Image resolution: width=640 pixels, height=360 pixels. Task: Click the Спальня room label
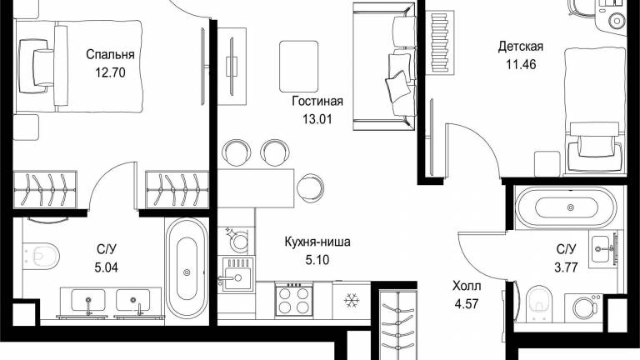110,55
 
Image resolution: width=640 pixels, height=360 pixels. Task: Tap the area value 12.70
110,72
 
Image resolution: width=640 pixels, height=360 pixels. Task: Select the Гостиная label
317,101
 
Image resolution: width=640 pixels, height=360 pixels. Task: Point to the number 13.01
317,119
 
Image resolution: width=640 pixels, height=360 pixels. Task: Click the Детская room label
521,47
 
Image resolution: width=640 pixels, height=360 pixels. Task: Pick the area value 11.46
521,64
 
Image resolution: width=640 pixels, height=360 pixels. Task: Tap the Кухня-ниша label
317,242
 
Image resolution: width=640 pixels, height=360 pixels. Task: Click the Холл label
467,286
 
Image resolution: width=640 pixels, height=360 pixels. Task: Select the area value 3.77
566,267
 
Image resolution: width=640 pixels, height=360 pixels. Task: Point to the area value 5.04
106,267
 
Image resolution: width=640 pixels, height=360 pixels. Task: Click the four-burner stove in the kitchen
294,300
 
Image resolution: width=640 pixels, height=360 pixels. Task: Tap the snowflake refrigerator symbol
352,301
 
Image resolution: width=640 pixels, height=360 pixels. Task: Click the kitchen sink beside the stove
237,273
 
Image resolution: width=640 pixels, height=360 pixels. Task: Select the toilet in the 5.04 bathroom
41,257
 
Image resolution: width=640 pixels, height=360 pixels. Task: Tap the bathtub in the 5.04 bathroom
187,268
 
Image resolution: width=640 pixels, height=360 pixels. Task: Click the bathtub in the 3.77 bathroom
570,207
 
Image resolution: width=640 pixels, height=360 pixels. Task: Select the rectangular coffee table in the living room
298,67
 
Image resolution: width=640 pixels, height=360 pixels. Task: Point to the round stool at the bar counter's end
310,188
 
